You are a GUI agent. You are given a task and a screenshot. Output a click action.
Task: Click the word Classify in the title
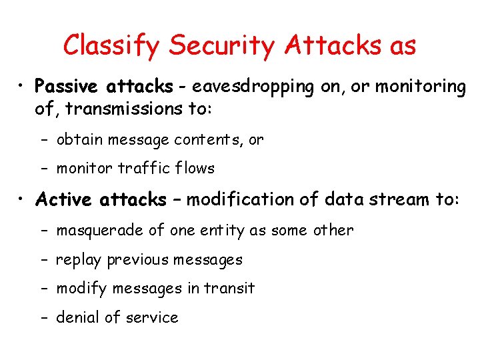click(111, 45)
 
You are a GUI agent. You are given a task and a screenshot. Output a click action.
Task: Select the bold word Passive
click(67, 87)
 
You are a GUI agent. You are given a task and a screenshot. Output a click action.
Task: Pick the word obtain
click(79, 140)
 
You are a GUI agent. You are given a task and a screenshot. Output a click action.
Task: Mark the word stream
click(397, 199)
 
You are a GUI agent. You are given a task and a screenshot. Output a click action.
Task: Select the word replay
click(79, 260)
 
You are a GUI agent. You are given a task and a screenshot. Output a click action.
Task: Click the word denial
click(77, 317)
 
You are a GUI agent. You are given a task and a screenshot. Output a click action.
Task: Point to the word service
click(153, 317)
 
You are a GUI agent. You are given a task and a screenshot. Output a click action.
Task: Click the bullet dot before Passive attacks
click(22, 87)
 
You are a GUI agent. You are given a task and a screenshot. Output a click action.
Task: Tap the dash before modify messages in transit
click(43, 289)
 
